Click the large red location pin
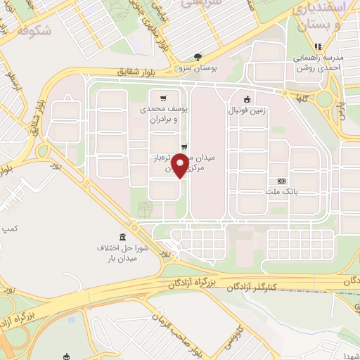pyautogui.click(x=180, y=166)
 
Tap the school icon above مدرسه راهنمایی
pyautogui.click(x=318, y=46)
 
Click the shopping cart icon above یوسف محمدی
pyautogui.click(x=163, y=98)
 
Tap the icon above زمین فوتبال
pyautogui.click(x=247, y=98)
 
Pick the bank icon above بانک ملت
pyautogui.click(x=282, y=180)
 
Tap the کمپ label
pyautogui.click(x=10, y=229)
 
